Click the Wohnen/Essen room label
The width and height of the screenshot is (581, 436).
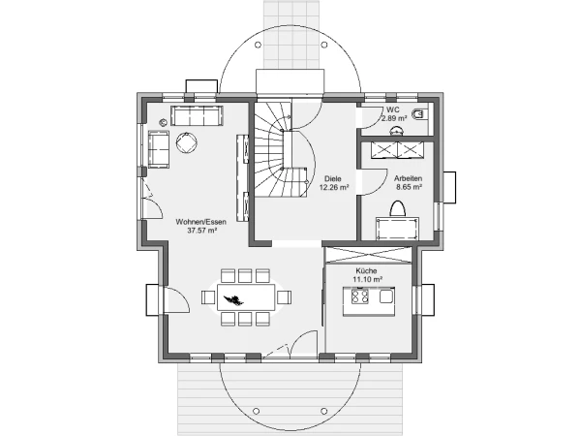[x=200, y=222]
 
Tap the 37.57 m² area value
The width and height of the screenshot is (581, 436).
[x=202, y=231]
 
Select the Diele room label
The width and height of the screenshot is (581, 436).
[x=333, y=178]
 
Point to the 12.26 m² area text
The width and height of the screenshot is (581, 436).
[x=334, y=188]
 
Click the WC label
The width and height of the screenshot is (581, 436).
[x=393, y=109]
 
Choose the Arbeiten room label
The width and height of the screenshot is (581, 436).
[x=408, y=178]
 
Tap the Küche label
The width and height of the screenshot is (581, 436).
[x=366, y=270]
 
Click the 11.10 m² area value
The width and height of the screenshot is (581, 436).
[x=367, y=280]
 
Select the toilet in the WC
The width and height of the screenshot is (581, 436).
[x=419, y=114]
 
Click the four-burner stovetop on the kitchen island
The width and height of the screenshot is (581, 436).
[x=360, y=296]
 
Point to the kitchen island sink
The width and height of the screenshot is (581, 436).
[x=385, y=296]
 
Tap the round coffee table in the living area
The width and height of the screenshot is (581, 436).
[x=186, y=142]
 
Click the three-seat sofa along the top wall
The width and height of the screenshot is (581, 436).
[x=197, y=115]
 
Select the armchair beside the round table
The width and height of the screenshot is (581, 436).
[x=159, y=148]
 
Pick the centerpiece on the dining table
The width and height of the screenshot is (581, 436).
[x=233, y=298]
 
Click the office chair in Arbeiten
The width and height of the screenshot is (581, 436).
[x=398, y=208]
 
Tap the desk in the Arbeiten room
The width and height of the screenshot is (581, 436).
[x=398, y=229]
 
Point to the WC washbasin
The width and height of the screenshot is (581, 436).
[x=396, y=130]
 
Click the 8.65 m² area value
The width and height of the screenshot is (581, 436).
[x=409, y=188]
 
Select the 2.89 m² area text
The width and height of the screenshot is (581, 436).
[x=394, y=118]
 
